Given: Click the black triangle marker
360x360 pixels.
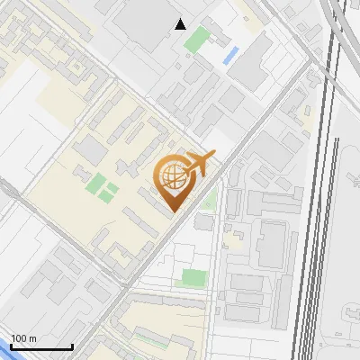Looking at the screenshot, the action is coord(181,24).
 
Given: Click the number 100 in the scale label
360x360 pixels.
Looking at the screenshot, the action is coord(20,338).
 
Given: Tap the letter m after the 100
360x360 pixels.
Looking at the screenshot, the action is coord(32,338).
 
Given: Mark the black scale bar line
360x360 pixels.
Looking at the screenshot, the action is coord(40,346).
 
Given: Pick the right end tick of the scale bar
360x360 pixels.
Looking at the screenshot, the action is coord(72,345).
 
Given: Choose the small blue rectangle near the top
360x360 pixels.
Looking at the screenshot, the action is coord(230,55).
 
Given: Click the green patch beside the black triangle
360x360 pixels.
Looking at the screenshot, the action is coord(197,39).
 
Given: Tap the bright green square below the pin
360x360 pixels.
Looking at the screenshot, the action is coord(193,278).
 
